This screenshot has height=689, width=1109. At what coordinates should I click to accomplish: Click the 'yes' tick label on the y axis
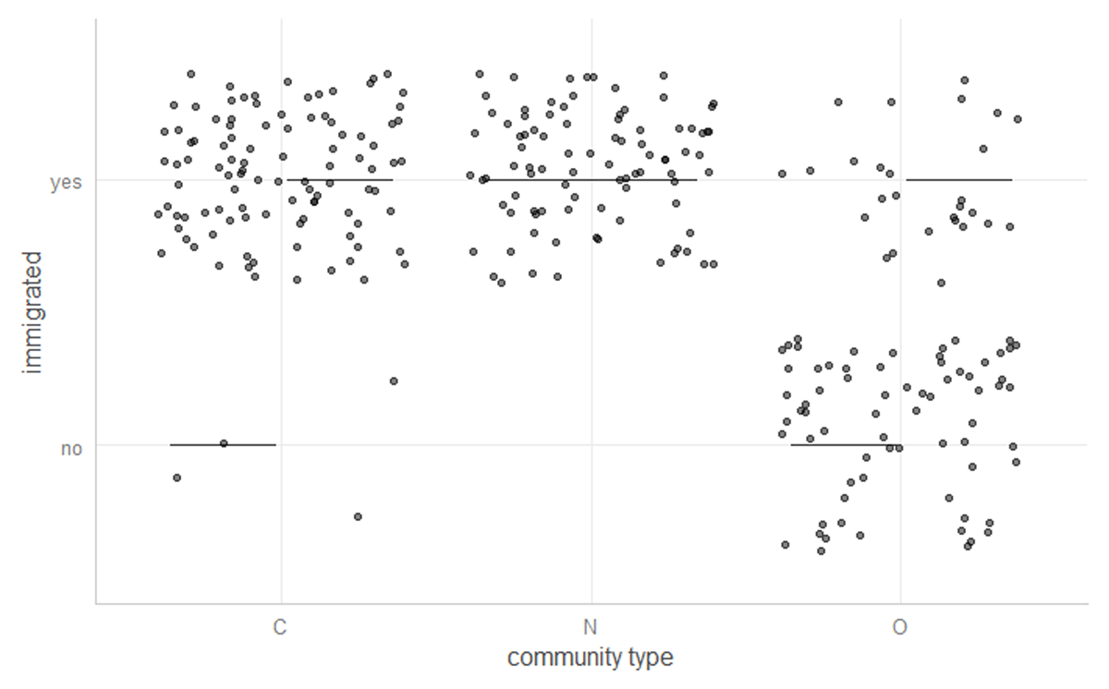(x=66, y=183)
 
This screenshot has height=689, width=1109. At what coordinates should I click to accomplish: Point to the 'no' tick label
(x=71, y=450)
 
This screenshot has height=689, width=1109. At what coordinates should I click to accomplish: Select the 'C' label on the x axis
(x=280, y=628)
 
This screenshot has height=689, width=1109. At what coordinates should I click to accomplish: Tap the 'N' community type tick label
(x=590, y=628)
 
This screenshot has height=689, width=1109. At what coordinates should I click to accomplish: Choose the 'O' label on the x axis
(x=899, y=628)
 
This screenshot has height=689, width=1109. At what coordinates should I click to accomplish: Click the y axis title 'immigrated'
(x=34, y=311)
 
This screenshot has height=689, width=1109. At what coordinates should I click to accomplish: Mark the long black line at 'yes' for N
(x=554, y=180)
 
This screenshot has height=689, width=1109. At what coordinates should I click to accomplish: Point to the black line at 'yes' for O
(x=958, y=180)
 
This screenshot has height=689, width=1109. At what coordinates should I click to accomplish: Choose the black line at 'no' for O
(x=832, y=445)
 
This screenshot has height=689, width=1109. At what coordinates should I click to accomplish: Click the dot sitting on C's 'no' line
(x=224, y=443)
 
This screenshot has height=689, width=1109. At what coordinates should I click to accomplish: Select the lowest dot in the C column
(x=358, y=516)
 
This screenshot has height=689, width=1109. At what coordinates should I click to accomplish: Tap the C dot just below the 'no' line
(x=177, y=477)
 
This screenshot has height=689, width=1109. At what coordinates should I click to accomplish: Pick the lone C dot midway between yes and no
(x=393, y=381)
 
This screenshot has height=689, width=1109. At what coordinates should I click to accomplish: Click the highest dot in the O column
(x=964, y=80)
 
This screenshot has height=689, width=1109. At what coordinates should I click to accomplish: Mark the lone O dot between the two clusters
(x=941, y=283)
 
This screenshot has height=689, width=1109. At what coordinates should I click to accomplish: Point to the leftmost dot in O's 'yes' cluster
(x=782, y=174)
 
